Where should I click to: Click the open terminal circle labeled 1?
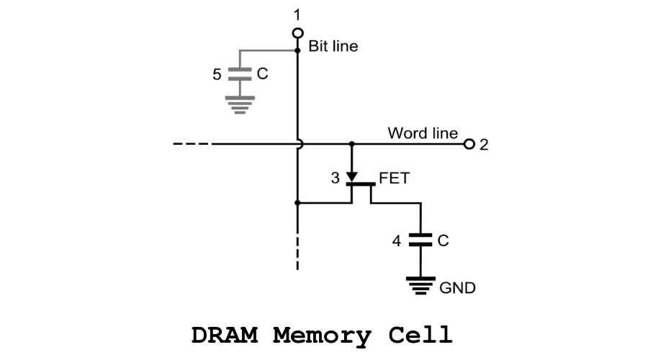297,33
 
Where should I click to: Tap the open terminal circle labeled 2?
469,144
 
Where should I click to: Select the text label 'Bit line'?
333,47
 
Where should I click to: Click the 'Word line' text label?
423,133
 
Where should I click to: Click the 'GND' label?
457,289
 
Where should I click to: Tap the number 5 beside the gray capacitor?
217,74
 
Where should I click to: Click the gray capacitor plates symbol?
238,73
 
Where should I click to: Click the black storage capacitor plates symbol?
420,240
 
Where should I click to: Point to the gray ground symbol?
238,107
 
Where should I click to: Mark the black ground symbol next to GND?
420,285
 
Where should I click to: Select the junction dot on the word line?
352,144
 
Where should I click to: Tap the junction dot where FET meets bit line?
297,203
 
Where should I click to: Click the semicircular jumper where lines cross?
300,144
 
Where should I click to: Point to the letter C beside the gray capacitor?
262,73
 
